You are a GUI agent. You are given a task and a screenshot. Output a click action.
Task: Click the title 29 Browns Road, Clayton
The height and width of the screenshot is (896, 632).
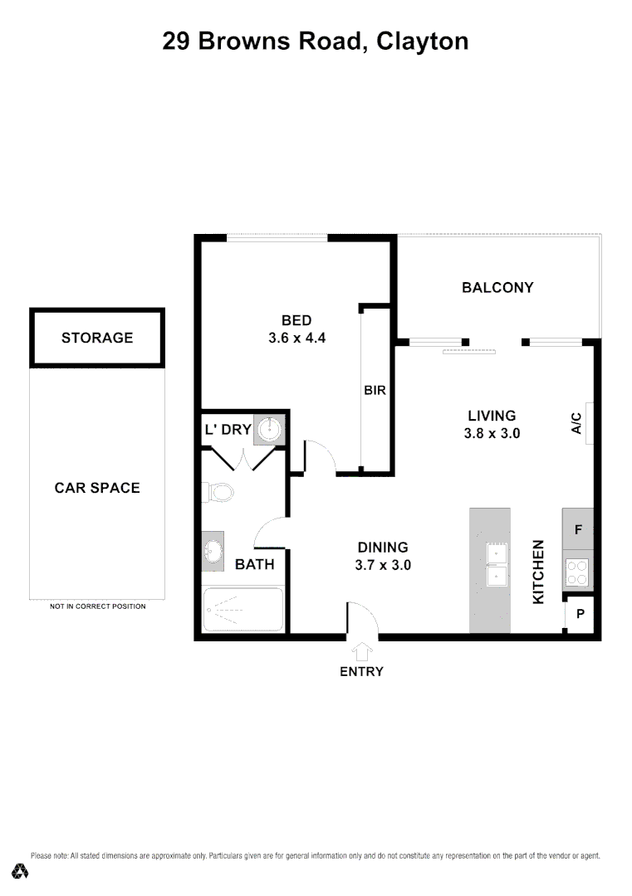click(316, 41)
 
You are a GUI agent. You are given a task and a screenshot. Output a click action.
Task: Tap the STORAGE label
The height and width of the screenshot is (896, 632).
click(97, 338)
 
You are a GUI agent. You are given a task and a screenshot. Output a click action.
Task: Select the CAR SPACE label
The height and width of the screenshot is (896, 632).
click(97, 488)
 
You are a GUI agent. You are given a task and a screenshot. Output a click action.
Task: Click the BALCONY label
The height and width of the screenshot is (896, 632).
click(497, 288)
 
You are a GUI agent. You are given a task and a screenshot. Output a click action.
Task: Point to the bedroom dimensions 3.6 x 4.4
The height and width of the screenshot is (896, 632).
click(296, 338)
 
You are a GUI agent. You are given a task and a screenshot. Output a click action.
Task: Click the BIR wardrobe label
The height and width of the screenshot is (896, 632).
click(375, 390)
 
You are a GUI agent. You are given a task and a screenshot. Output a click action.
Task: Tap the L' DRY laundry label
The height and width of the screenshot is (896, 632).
click(228, 430)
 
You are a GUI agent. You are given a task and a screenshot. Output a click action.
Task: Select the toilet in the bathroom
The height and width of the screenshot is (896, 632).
click(219, 494)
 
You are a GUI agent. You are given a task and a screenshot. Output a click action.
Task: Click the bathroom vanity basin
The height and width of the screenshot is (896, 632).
click(213, 552)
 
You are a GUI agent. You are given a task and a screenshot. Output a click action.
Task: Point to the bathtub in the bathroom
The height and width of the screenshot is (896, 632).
click(243, 611)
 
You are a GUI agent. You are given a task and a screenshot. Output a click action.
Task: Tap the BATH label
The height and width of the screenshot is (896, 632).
click(254, 565)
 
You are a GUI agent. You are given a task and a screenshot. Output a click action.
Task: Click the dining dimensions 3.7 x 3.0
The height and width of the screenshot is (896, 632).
click(383, 565)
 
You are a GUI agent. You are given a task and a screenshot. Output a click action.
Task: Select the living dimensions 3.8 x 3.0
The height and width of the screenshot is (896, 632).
click(492, 433)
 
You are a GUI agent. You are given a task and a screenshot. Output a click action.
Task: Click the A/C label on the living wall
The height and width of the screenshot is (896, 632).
click(576, 423)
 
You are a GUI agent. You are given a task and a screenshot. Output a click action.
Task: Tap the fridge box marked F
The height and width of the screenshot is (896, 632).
click(578, 528)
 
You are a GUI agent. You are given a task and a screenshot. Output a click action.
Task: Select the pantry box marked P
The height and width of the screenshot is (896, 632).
click(581, 615)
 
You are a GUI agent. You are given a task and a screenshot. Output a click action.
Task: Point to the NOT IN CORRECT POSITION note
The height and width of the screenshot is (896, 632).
click(97, 606)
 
